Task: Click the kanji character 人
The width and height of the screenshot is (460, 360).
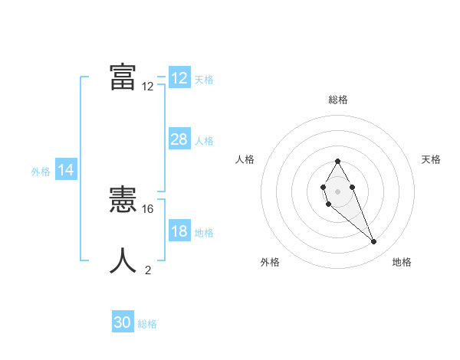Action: click(123, 260)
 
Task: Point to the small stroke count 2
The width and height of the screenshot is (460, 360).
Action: click(148, 270)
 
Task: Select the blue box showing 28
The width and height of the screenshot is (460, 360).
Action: click(179, 139)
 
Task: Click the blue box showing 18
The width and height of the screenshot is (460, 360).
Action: click(179, 231)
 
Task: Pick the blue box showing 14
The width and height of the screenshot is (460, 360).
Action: click(66, 171)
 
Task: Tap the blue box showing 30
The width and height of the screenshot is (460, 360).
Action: click(123, 322)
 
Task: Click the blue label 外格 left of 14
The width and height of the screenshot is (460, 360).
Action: click(41, 172)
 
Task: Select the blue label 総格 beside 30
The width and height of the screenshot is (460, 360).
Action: click(147, 324)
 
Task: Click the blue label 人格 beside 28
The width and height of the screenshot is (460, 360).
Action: click(204, 141)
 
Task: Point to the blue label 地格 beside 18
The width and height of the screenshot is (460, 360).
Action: click(204, 233)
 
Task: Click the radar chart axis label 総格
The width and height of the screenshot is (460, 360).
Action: click(338, 100)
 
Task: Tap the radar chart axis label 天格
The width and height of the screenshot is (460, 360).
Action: click(431, 159)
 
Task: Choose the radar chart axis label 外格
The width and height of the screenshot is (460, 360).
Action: click(270, 262)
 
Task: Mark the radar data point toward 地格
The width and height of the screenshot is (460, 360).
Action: click(374, 242)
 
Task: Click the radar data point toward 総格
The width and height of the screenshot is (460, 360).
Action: click(338, 161)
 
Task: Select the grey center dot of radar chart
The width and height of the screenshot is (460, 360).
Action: click(338, 191)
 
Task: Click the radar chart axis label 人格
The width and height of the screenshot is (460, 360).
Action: click(245, 159)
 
